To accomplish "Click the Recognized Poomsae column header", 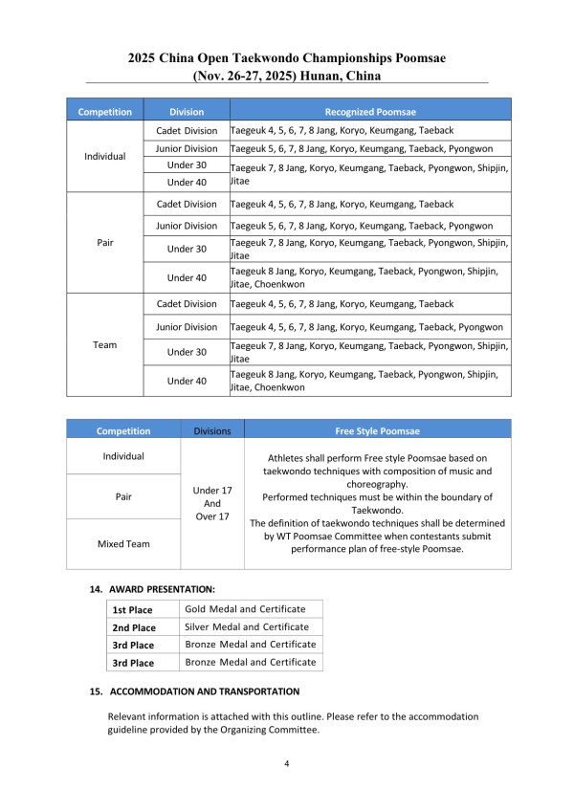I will [370, 112].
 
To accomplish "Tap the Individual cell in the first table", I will [105, 156].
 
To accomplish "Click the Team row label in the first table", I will [105, 344].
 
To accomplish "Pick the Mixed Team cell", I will [123, 543].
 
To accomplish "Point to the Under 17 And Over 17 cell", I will [211, 503].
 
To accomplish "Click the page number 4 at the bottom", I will [287, 765].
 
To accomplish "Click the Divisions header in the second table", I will [211, 430].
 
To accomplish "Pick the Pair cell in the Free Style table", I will [123, 497].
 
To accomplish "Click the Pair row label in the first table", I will [105, 243].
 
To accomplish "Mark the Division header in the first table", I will [187, 112].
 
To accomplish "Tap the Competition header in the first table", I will [105, 112].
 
